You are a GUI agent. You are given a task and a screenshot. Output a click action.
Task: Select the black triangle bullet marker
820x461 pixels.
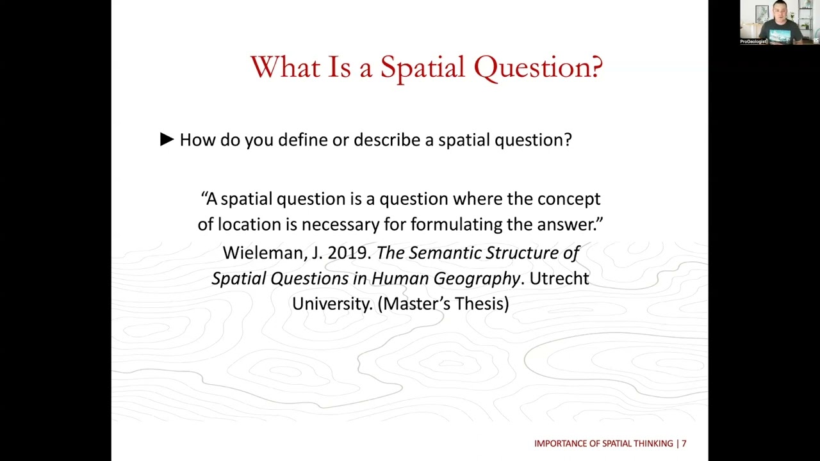pos(167,140)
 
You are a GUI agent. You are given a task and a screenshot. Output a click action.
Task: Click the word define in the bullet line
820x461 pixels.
pos(303,140)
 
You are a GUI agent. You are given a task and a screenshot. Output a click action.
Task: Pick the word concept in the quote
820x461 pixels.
pos(568,199)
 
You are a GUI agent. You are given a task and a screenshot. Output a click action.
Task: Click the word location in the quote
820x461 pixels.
pos(257,225)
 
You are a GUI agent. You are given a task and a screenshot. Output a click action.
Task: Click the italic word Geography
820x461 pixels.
pos(477,279)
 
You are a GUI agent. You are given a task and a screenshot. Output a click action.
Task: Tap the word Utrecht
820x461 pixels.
pos(559,279)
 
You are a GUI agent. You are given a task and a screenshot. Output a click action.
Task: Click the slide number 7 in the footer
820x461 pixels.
pos(684,443)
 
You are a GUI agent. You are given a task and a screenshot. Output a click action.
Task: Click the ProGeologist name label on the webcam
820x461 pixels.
pos(753,42)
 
